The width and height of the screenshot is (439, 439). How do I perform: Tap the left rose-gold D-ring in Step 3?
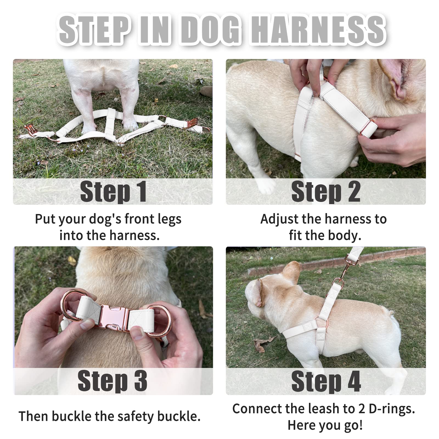coord(70,305)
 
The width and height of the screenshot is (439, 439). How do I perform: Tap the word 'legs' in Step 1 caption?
coord(169,219)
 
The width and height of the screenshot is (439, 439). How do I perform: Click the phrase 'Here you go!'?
coord(325,425)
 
